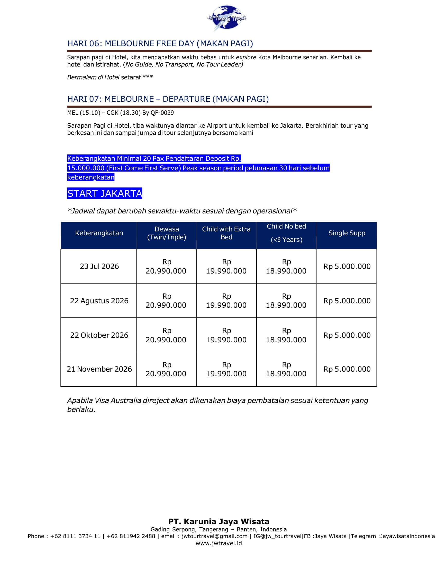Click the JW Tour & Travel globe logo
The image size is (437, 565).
click(226, 18)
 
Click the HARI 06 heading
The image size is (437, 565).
click(160, 43)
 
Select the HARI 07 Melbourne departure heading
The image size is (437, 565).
click(168, 99)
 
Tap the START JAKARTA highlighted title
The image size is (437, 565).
click(105, 193)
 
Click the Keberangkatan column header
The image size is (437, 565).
click(99, 233)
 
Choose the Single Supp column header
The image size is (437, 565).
click(347, 233)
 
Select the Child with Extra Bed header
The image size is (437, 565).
click(226, 233)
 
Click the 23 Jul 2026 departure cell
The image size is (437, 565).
click(99, 267)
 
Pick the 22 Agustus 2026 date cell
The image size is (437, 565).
click(99, 301)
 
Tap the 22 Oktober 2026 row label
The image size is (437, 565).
click(99, 335)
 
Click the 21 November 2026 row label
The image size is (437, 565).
click(99, 369)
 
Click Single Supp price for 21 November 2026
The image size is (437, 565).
click(347, 369)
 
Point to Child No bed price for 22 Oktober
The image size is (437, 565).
click(286, 335)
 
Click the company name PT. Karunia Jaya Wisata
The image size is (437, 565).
click(219, 521)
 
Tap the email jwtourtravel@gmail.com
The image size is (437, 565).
click(215, 536)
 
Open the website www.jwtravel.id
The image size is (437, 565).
click(219, 543)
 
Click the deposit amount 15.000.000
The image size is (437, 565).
click(86, 168)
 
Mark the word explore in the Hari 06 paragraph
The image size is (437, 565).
click(246, 58)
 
